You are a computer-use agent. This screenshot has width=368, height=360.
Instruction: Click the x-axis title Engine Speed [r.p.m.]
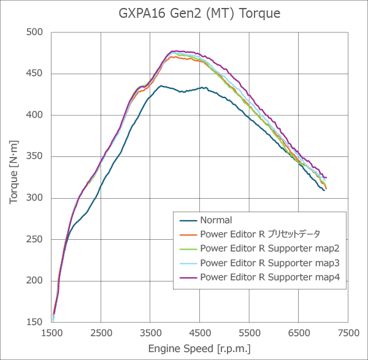click(199, 348)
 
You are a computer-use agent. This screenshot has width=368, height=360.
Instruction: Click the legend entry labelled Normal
click(215, 220)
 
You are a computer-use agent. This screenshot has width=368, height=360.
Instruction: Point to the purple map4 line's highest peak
click(175, 51)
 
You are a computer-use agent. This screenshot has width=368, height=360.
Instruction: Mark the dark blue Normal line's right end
click(324, 190)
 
